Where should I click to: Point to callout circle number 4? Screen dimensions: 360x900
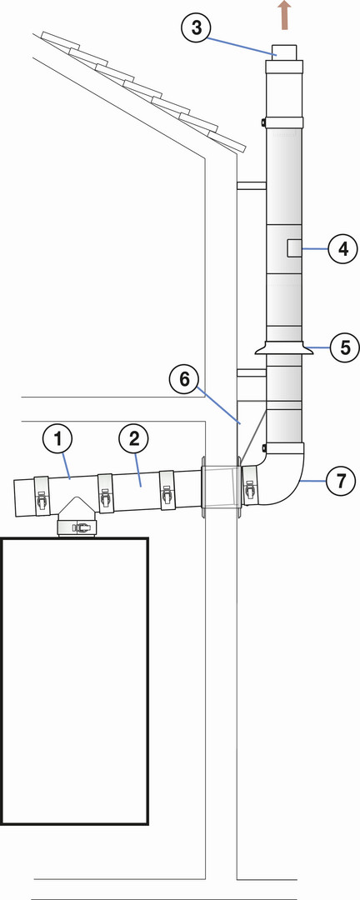[343, 248]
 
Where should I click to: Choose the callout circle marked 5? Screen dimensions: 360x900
[345, 347]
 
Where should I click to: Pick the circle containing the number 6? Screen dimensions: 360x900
[183, 379]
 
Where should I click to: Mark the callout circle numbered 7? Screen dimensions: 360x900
[341, 481]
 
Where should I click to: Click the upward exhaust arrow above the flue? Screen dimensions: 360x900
[284, 15]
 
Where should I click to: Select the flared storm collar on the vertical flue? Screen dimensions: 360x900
[284, 347]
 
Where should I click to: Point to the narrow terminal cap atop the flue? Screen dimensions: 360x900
[284, 52]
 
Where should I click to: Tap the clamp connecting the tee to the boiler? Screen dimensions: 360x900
[77, 527]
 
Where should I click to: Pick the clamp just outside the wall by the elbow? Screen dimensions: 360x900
[249, 486]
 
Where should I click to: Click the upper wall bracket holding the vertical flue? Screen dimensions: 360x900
[252, 185]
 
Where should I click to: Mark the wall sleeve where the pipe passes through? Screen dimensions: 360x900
[220, 487]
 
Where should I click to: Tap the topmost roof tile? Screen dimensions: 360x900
[60, 40]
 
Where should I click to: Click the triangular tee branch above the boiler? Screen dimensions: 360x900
[77, 508]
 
